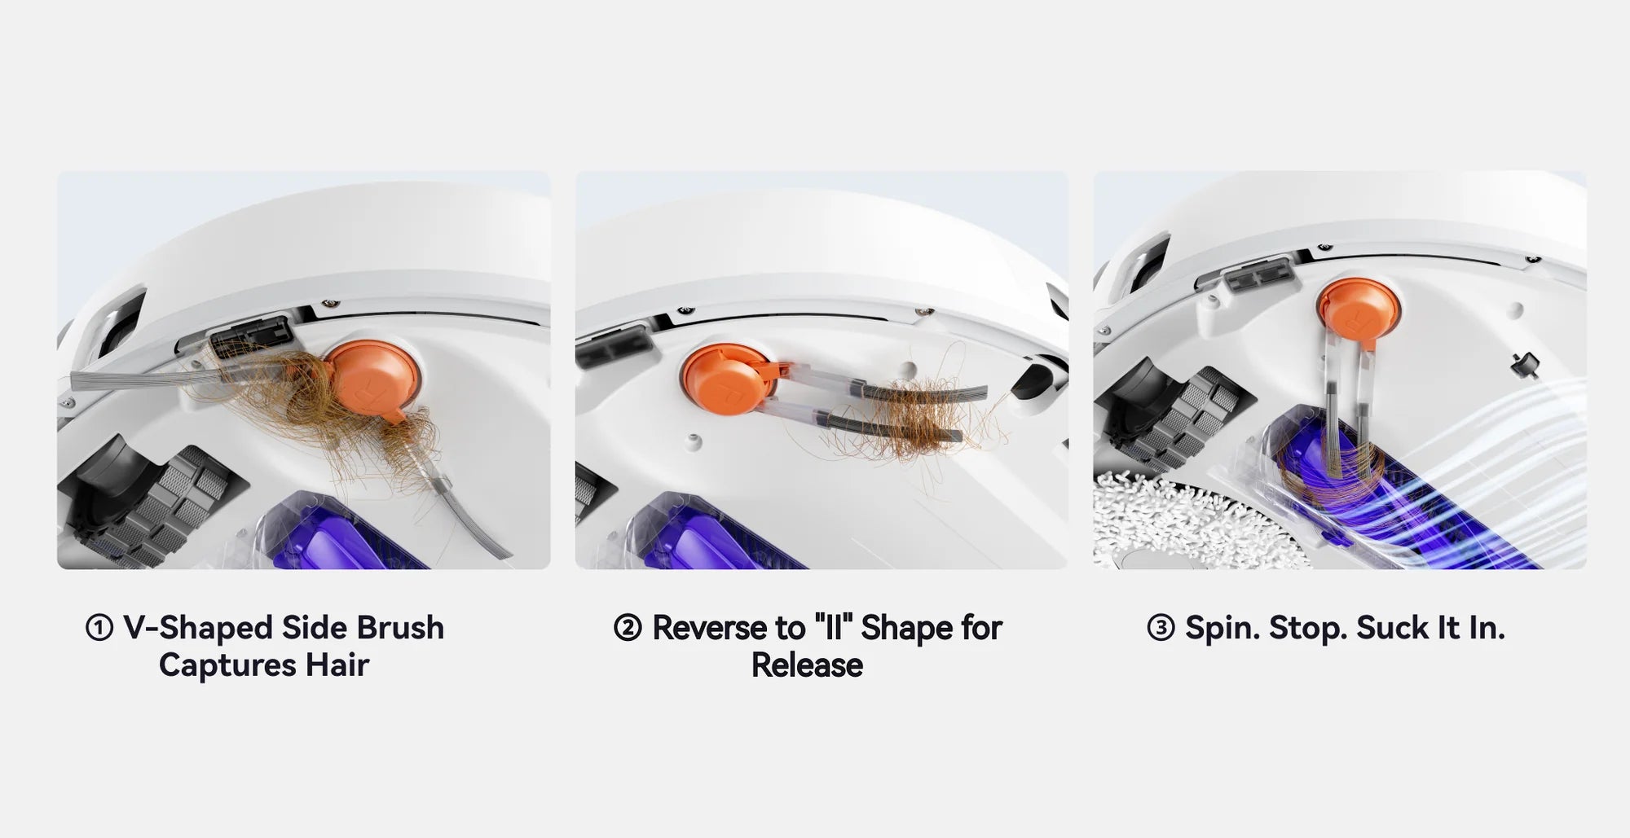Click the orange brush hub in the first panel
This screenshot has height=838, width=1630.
pyautogui.click(x=375, y=380)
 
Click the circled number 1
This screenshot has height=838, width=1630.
pyautogui.click(x=99, y=628)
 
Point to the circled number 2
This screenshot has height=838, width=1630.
pyautogui.click(x=628, y=628)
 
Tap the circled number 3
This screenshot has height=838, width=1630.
pyautogui.click(x=1161, y=628)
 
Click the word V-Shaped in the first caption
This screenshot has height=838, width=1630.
pyautogui.click(x=197, y=628)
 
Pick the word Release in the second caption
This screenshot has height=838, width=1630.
pyautogui.click(x=807, y=665)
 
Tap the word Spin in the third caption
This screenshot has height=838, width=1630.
pyautogui.click(x=1222, y=628)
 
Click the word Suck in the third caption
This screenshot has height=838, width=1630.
pyautogui.click(x=1391, y=628)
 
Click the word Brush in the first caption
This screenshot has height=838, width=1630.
pyautogui.click(x=400, y=628)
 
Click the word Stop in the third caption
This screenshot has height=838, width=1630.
pyautogui.click(x=1306, y=628)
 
